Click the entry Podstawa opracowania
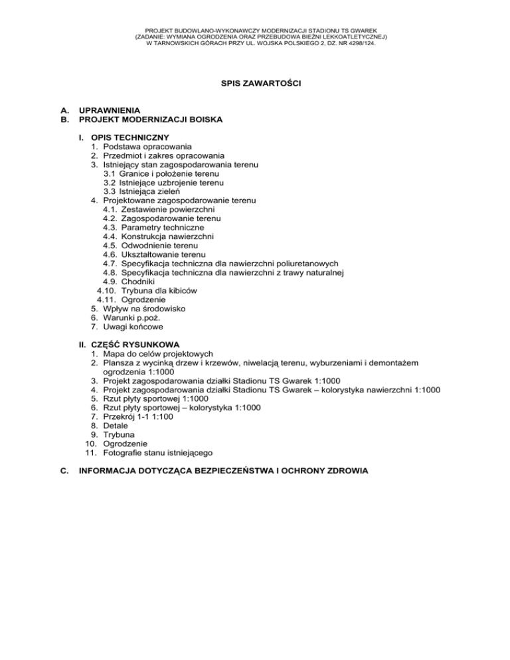tap(147, 145)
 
